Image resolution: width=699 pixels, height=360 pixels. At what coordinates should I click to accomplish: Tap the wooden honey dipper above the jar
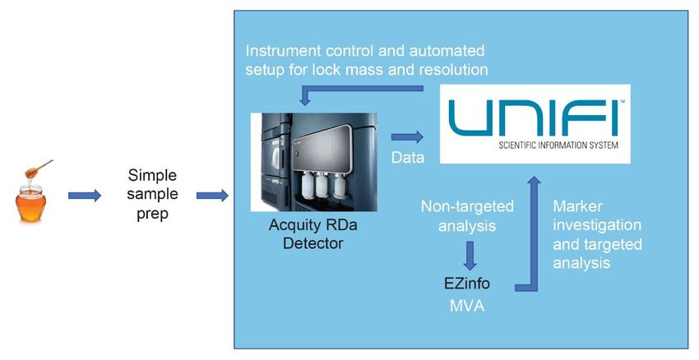pyautogui.click(x=39, y=168)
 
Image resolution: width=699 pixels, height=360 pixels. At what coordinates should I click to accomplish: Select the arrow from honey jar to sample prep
pyautogui.click(x=85, y=195)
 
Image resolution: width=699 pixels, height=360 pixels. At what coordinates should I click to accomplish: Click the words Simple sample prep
pyautogui.click(x=152, y=194)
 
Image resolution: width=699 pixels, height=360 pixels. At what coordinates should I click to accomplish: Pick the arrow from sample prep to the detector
pyautogui.click(x=213, y=195)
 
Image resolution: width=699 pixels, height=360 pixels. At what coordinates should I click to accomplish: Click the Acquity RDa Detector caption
pyautogui.click(x=313, y=234)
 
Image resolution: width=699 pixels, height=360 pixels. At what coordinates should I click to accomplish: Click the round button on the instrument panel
pyautogui.click(x=295, y=154)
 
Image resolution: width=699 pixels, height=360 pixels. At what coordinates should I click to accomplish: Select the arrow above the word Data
pyautogui.click(x=407, y=136)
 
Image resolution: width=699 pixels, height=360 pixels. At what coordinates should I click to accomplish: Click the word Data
pyautogui.click(x=408, y=157)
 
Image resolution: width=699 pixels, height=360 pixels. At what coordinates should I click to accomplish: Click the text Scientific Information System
pyautogui.click(x=558, y=145)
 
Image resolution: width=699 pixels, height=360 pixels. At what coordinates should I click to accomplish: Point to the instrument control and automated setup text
pyautogui.click(x=367, y=60)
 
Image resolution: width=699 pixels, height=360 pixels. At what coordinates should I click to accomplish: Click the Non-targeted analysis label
pyautogui.click(x=467, y=216)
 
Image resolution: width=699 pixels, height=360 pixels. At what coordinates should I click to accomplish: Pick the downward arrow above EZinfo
pyautogui.click(x=470, y=256)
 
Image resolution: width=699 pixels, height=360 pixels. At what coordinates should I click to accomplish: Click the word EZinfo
pyautogui.click(x=467, y=284)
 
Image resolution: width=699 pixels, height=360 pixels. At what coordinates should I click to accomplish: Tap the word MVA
pyautogui.click(x=467, y=306)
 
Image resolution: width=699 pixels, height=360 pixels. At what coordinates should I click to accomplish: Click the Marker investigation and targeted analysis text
pyautogui.click(x=597, y=234)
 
